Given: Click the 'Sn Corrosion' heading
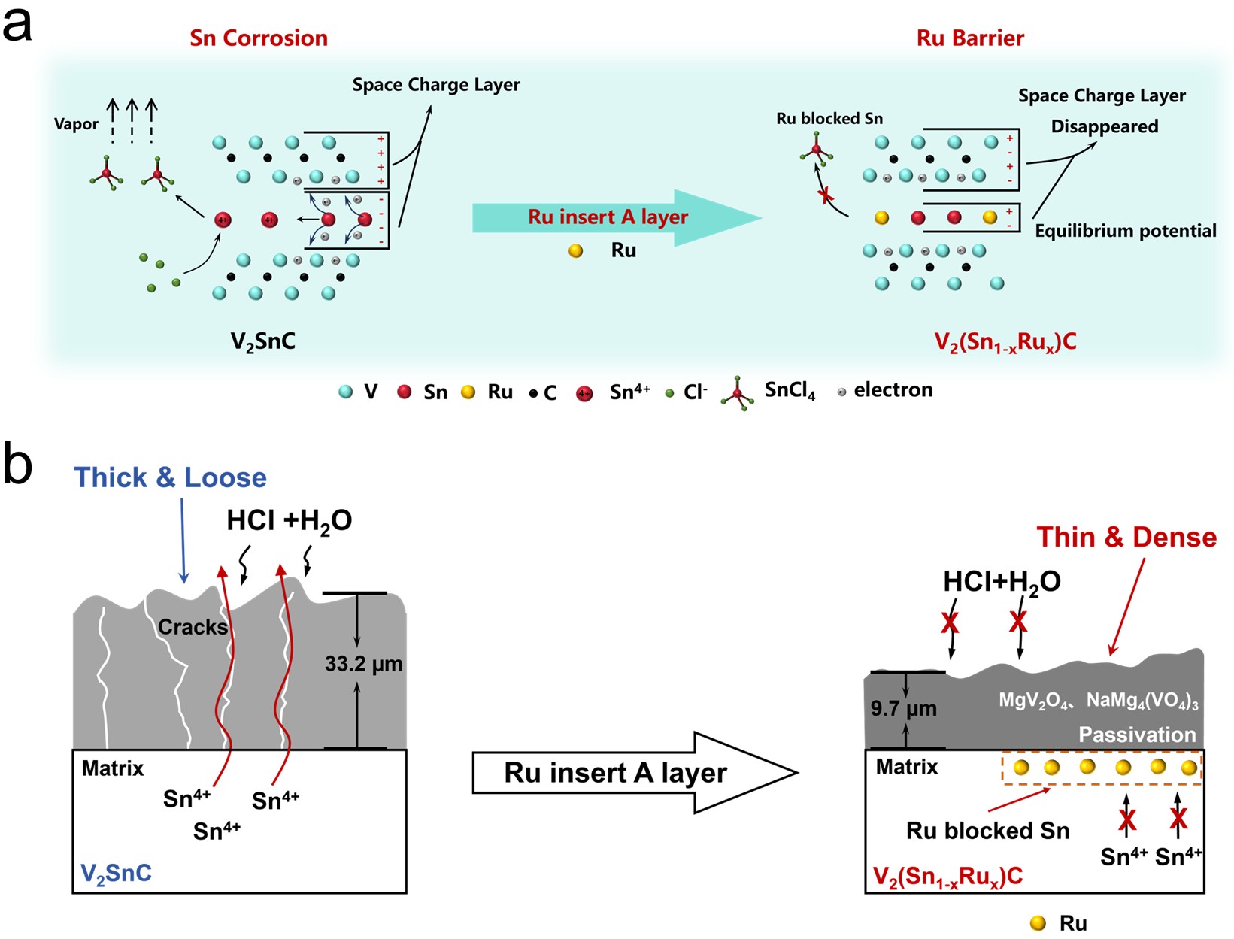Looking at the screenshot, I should [x=259, y=38].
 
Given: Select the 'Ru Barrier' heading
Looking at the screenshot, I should [x=970, y=38].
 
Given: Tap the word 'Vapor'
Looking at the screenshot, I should [x=76, y=124].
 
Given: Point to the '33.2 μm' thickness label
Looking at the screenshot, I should [x=363, y=664].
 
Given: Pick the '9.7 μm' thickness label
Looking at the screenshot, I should [x=903, y=708].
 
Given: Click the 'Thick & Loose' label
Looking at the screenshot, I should [x=170, y=477].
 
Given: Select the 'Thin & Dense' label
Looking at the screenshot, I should [x=1126, y=537].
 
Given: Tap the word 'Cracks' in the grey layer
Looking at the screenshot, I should [x=193, y=627].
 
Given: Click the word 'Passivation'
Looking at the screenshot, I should [x=1137, y=735].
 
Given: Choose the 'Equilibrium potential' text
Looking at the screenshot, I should [x=1125, y=231].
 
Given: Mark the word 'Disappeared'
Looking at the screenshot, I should [x=1104, y=126].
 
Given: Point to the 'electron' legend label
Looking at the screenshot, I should [x=893, y=389].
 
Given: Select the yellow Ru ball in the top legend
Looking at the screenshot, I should [x=468, y=392].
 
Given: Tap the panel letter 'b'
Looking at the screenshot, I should [x=18, y=464].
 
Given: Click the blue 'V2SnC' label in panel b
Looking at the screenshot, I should [x=116, y=874].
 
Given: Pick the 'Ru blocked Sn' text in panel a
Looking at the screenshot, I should [x=829, y=119].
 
